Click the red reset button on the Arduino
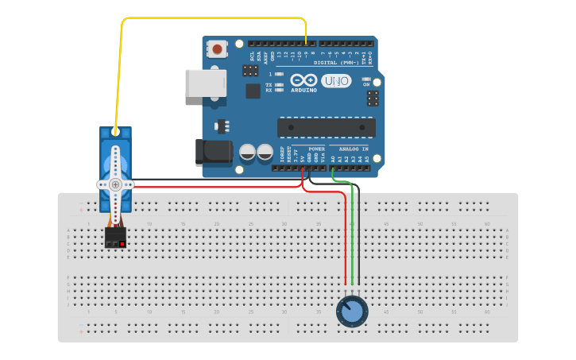tap(217, 49)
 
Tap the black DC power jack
tap(212, 153)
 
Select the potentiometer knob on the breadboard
tap(351, 312)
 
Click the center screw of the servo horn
tap(115, 184)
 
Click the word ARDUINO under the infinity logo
tap(304, 90)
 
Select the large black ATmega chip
tap(326, 127)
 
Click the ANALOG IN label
tap(354, 149)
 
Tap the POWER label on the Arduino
tap(316, 149)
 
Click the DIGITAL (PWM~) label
tap(336, 61)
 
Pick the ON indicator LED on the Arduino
tap(366, 79)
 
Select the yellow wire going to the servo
tap(122, 72)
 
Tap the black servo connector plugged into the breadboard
tap(115, 238)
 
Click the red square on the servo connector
tap(122, 243)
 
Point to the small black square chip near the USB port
tap(253, 91)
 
